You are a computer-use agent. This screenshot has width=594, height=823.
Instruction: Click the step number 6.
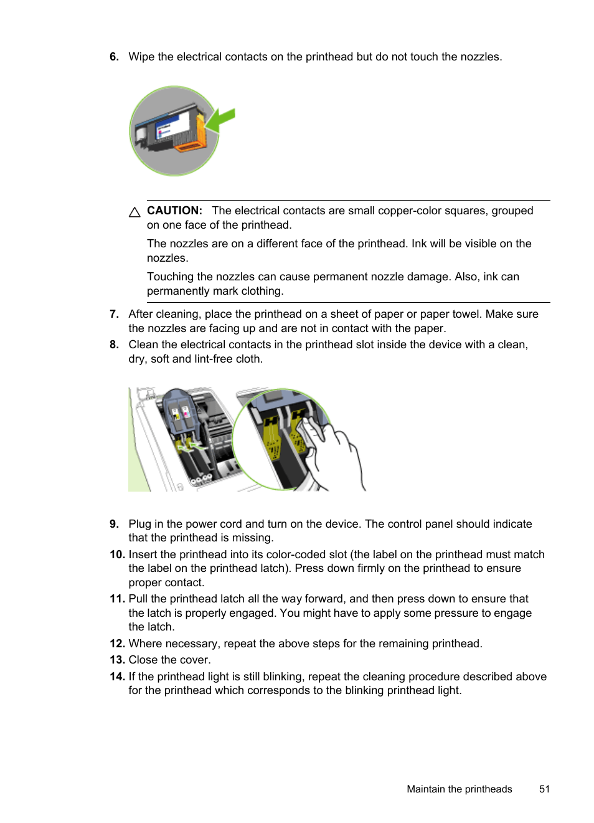point(114,57)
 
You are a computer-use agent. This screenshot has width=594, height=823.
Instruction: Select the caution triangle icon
point(134,212)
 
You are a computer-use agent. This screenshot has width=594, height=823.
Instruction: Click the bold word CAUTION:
point(174,211)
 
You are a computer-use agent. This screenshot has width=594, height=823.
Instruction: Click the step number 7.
point(114,314)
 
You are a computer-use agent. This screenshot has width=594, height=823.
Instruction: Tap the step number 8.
point(114,345)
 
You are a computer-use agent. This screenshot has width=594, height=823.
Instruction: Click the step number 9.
point(114,524)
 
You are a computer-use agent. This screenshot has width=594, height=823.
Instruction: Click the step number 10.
point(117,554)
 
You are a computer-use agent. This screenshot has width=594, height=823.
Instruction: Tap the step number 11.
point(117,599)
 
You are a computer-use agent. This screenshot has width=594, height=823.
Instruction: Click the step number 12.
point(117,644)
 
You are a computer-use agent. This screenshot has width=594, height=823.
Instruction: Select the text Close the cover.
point(169,660)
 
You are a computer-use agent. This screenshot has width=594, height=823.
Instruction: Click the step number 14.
point(117,677)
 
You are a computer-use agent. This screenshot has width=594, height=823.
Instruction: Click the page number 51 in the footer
point(544,789)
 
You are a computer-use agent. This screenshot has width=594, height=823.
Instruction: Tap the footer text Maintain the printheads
point(459,789)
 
